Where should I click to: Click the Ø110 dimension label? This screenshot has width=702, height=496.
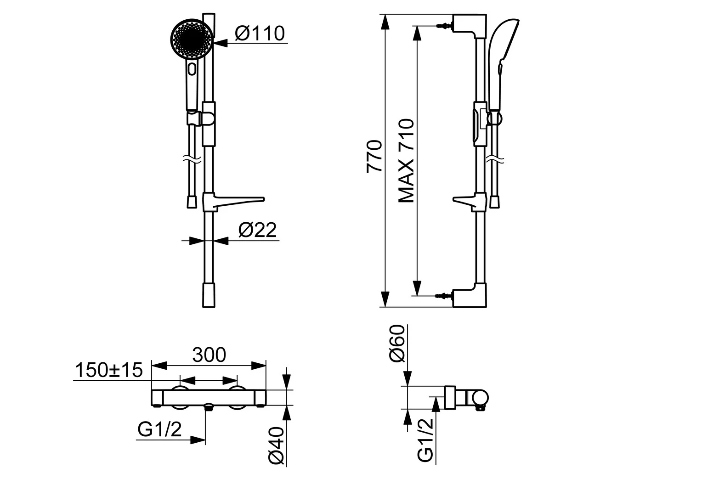pos(260,33)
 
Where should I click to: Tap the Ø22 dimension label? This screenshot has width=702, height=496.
pos(258,230)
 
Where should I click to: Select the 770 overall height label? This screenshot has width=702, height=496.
pos(374,156)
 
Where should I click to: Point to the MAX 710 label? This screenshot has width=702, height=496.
pos(407,161)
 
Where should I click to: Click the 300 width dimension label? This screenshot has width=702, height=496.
pos(209,355)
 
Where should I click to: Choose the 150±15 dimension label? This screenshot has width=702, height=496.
pos(109,370)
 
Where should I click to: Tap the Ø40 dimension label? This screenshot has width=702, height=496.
pos(276,445)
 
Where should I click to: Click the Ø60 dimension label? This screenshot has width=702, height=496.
pos(397,344)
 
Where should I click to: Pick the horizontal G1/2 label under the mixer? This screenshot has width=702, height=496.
pos(159,429)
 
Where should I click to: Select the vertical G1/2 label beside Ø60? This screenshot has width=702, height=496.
pos(425,440)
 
